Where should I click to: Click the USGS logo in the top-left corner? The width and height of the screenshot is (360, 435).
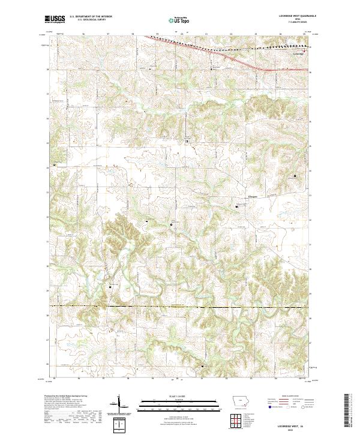point(55,20)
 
